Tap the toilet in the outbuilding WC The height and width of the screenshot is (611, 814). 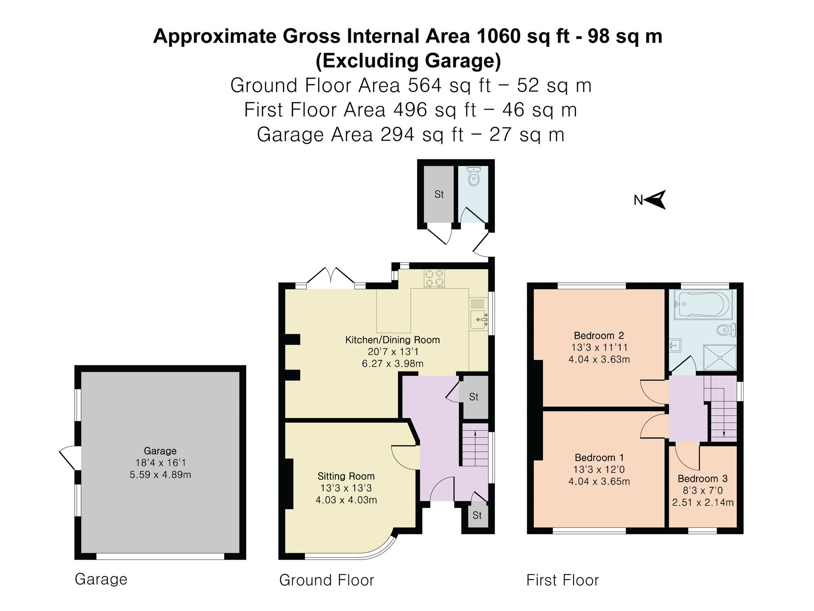click(x=473, y=177)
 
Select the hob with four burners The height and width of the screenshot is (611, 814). click(x=434, y=278)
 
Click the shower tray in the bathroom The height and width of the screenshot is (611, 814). click(x=720, y=358)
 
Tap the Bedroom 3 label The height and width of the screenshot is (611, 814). click(x=702, y=479)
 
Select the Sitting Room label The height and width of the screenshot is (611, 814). click(x=346, y=476)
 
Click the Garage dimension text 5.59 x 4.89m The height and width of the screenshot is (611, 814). click(x=160, y=475)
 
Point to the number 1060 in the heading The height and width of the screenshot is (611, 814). click(x=499, y=37)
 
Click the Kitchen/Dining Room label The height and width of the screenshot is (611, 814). click(x=392, y=340)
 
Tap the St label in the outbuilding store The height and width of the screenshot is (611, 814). click(x=439, y=195)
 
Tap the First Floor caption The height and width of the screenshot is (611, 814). click(x=562, y=580)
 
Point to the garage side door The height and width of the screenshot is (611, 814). click(x=67, y=458)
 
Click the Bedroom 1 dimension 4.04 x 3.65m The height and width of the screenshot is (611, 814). click(x=599, y=481)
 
